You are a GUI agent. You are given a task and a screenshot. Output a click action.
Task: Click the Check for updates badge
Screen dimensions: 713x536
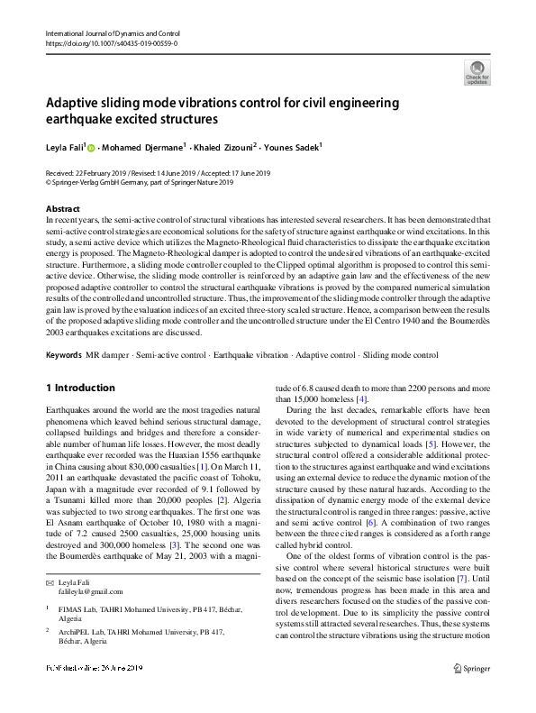pyautogui.click(x=477, y=72)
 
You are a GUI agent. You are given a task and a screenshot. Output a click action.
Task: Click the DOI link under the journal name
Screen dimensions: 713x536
pyautogui.click(x=111, y=42)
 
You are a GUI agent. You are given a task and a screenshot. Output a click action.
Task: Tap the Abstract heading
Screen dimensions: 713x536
pyautogui.click(x=62, y=209)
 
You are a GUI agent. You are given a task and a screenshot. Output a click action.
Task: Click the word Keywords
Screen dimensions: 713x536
pyautogui.click(x=63, y=355)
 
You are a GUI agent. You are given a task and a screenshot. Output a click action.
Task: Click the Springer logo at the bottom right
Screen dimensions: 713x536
pyautogui.click(x=473, y=693)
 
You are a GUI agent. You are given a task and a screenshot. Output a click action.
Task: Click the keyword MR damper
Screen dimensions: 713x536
pyautogui.click(x=105, y=355)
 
